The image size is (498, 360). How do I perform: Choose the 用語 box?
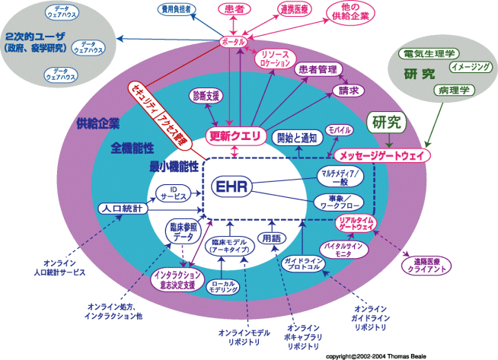tap(270, 237)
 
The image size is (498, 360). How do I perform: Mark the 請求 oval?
tap(346, 90)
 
